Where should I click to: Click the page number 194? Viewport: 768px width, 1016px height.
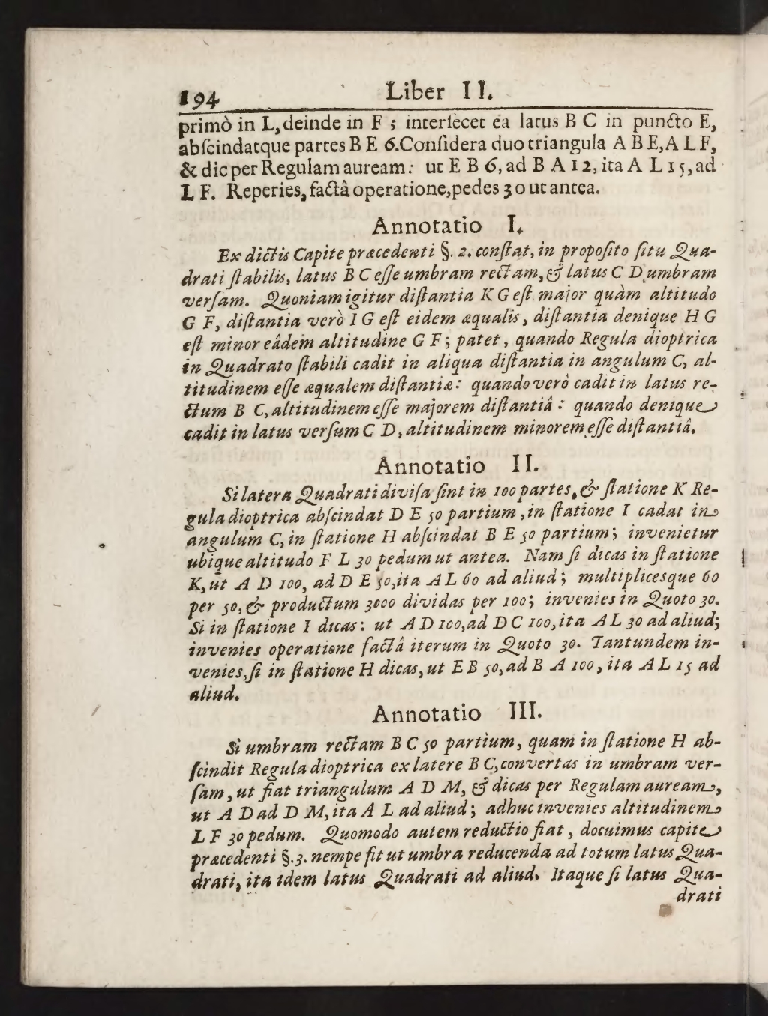point(199,97)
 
